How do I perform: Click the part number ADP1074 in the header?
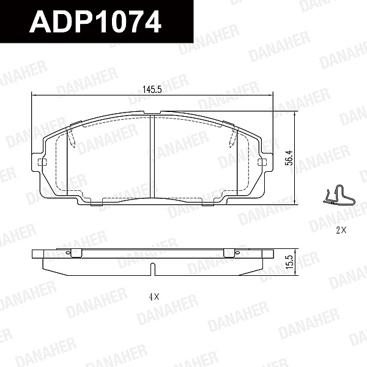95,22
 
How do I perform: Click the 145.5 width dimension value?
152,89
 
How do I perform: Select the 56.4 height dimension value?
289,158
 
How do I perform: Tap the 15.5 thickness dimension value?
289,262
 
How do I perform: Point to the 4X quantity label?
154,297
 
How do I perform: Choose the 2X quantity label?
341,231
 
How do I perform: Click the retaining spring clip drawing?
339,195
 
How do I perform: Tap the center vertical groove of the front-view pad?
152,157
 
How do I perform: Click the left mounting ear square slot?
42,161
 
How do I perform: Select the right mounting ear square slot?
262,161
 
